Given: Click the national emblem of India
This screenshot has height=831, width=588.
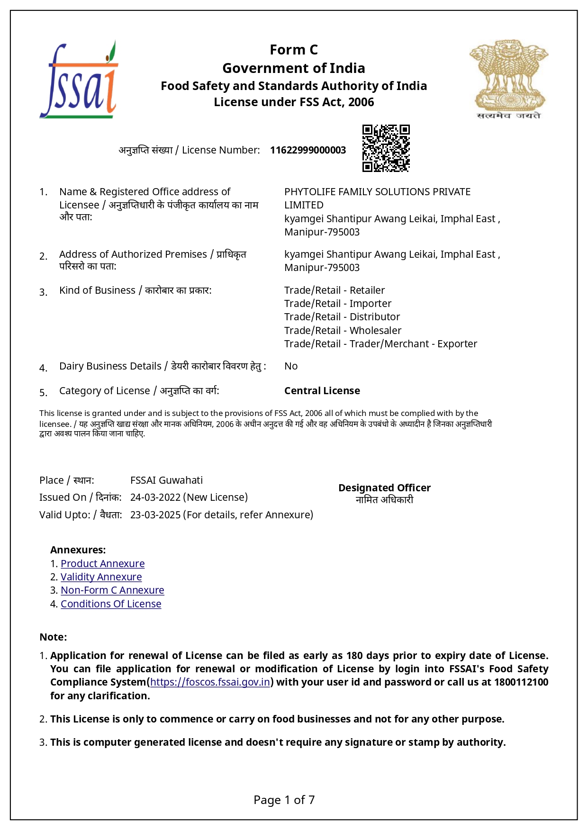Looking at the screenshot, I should (x=508, y=78).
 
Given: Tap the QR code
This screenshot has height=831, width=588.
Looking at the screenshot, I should (x=386, y=148).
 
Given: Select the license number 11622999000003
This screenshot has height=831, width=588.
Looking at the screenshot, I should (x=308, y=150).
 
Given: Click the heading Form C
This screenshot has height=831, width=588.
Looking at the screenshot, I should (x=293, y=50).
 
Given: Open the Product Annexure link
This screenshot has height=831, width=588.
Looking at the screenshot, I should (x=102, y=564).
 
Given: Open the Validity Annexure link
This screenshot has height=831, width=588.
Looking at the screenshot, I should (x=101, y=577).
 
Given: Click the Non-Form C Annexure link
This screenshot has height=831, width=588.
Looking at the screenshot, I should (x=112, y=590).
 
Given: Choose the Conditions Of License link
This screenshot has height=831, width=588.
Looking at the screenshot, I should (x=111, y=604).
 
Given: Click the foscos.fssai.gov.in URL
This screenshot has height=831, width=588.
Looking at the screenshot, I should (x=210, y=682).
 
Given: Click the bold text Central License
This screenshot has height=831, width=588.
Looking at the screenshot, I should (x=322, y=391).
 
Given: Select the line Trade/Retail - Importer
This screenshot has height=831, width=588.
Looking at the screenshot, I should (x=337, y=304).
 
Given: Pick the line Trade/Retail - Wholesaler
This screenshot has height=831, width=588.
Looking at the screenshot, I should (x=343, y=331).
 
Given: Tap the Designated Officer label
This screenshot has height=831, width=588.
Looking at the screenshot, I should (x=384, y=488).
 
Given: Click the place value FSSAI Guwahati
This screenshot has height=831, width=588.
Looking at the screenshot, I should (x=166, y=480).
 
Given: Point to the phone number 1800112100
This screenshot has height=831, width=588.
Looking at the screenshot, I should (x=521, y=682).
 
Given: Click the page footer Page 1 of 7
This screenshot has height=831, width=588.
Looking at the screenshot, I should (x=284, y=800).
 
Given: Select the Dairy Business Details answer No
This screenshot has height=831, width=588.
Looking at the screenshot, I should (x=291, y=366).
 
